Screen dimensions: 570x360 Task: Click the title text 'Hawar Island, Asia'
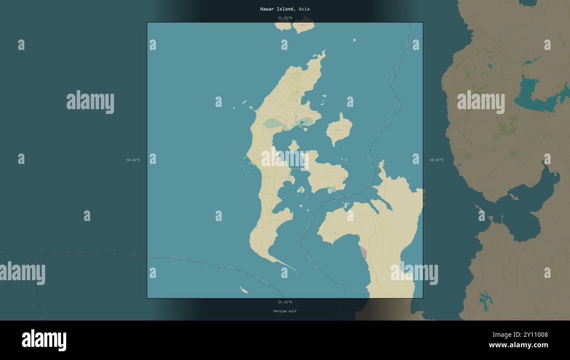point(285,9)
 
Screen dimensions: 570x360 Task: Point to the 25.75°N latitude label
point(285,18)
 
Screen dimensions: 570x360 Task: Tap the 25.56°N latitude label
point(285,302)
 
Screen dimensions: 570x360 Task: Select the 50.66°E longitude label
point(133,160)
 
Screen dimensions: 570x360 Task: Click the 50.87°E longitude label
point(436,160)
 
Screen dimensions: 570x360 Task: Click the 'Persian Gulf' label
point(285,311)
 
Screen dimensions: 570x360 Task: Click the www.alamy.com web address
point(518,345)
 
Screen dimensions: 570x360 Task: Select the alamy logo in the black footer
point(44,340)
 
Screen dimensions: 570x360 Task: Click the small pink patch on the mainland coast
point(363,252)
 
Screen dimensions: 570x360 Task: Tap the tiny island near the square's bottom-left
point(243,290)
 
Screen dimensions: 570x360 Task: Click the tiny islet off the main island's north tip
point(353,41)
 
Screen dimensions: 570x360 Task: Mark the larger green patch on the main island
point(273,123)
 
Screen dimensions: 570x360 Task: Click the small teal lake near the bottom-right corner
point(485,299)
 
